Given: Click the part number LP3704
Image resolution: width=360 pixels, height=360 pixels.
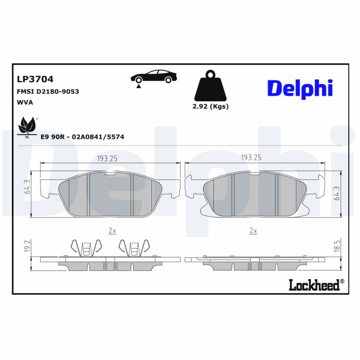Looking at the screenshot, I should click(x=35, y=79).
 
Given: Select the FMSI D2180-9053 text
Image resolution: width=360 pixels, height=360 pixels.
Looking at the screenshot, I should click(x=48, y=91).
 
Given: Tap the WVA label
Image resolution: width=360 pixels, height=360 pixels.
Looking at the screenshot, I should click(x=25, y=102).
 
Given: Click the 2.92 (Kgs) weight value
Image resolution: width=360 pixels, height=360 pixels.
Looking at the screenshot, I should click(x=211, y=107).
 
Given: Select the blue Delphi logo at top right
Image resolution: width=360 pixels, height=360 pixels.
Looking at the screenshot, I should click(x=300, y=88).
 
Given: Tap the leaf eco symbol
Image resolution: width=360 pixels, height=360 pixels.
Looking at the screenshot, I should click(x=27, y=125).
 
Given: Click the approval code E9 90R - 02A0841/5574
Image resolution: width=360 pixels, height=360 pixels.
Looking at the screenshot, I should click(x=82, y=136).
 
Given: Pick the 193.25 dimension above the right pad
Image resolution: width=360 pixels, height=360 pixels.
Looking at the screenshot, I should click(x=251, y=158).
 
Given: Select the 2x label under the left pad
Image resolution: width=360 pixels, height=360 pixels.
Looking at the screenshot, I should click(x=112, y=231).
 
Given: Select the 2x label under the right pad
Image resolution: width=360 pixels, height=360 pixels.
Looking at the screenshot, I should click(x=253, y=231).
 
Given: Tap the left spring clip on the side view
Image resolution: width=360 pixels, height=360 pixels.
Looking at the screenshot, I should click(x=85, y=248).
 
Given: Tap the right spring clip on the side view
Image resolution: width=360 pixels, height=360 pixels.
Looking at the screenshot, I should click(x=133, y=248).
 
